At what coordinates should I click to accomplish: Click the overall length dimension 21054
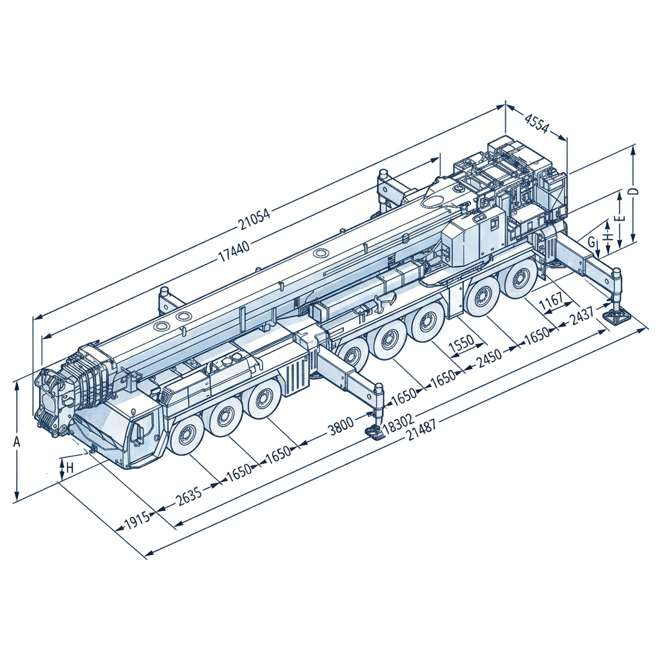click(x=254, y=219)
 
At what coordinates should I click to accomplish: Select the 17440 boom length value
click(x=234, y=251)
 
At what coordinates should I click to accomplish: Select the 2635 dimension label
click(x=189, y=497)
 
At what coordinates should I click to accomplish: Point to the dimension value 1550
click(x=461, y=344)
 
